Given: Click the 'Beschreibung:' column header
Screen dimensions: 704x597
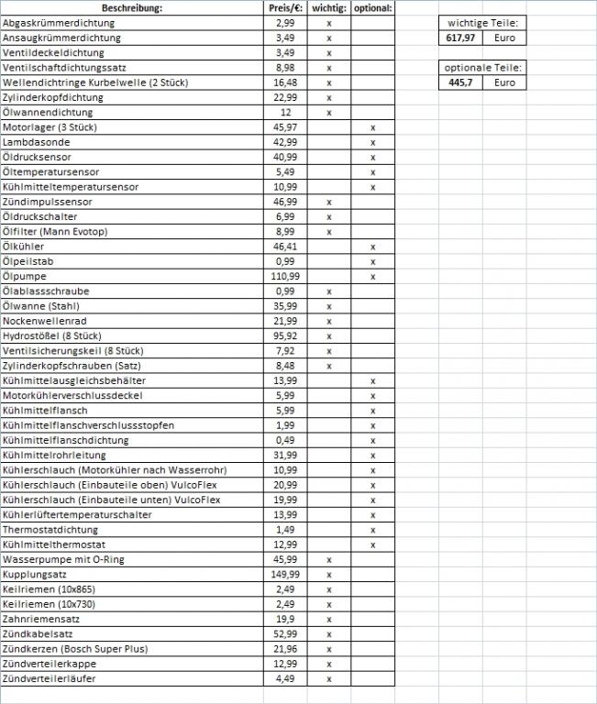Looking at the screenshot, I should pyautogui.click(x=132, y=8).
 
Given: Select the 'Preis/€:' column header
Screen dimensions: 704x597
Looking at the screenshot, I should pyautogui.click(x=285, y=8).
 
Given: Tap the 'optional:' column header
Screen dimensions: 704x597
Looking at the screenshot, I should pyautogui.click(x=372, y=8).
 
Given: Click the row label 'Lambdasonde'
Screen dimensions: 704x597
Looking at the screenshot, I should pyautogui.click(x=37, y=142).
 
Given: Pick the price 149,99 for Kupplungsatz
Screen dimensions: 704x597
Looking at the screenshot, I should pyautogui.click(x=285, y=574).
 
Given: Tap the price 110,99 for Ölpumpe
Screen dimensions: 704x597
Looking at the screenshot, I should pyautogui.click(x=285, y=276).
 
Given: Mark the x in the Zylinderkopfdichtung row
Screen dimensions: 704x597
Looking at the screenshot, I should pyautogui.click(x=328, y=97).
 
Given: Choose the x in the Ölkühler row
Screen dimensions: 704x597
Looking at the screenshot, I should pyautogui.click(x=372, y=247).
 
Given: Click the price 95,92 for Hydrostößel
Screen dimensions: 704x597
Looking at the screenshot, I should pyautogui.click(x=285, y=335).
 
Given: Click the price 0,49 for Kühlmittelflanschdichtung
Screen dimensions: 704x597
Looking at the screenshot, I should pyautogui.click(x=285, y=440).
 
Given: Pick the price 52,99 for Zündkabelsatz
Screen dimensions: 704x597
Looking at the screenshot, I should pyautogui.click(x=285, y=633).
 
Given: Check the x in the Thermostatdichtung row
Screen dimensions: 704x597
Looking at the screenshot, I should pyautogui.click(x=372, y=530).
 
